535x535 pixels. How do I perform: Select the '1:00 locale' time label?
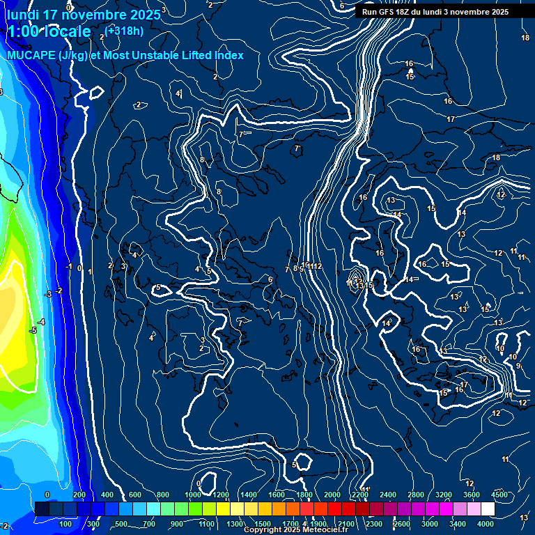tap(49, 31)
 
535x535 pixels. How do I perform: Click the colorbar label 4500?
tap(499, 495)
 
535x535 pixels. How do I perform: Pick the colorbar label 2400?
tap(388, 495)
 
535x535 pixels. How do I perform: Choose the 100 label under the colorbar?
tap(67, 524)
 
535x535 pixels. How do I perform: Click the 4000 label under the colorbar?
tap(486, 524)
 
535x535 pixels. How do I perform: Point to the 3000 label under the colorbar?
tap(430, 524)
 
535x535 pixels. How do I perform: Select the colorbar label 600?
tap(135, 495)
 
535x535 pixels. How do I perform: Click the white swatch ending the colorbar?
tap(487, 509)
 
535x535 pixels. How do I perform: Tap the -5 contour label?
tap(32, 330)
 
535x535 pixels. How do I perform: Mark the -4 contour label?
tap(41, 322)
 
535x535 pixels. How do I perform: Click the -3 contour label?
tap(48, 295)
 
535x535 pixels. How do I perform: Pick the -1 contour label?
tap(69, 267)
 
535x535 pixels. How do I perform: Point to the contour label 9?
tap(518, 366)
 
